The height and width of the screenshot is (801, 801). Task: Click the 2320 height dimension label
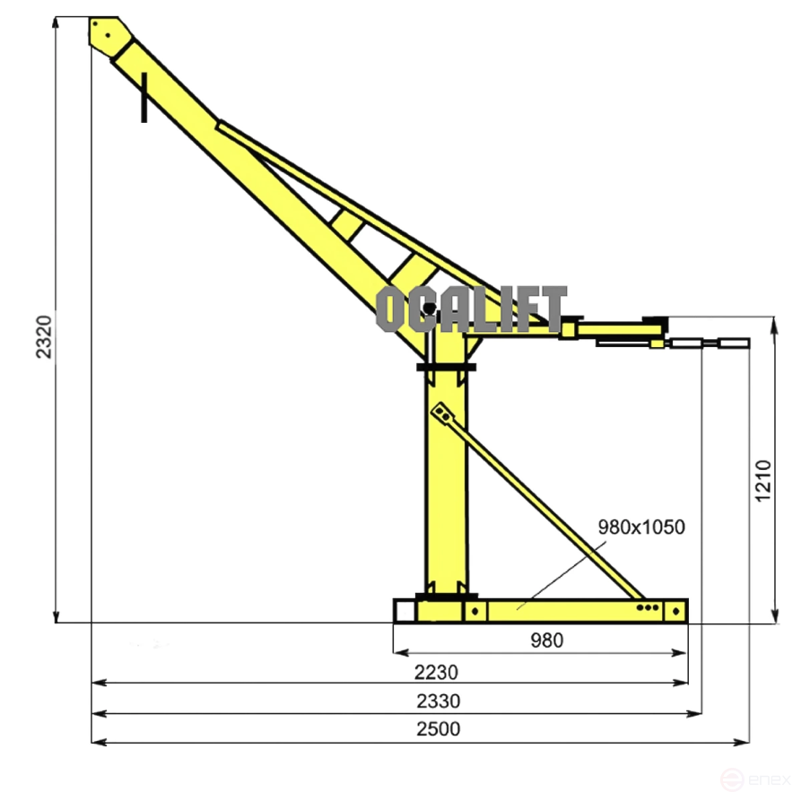pos(45,337)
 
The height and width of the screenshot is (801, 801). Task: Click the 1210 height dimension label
pos(763,481)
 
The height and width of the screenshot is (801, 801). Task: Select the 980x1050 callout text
pos(641,527)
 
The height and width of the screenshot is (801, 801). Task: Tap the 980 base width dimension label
pos(546,640)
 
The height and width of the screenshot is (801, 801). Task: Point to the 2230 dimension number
pos(436,672)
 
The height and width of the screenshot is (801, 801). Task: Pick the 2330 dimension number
pos(439,701)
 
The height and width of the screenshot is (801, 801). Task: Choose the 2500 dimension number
pos(439,728)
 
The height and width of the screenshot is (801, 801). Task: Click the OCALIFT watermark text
pos(471,309)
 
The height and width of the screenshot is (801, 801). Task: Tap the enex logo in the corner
pos(755,780)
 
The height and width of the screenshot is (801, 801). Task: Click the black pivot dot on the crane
pos(429,309)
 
